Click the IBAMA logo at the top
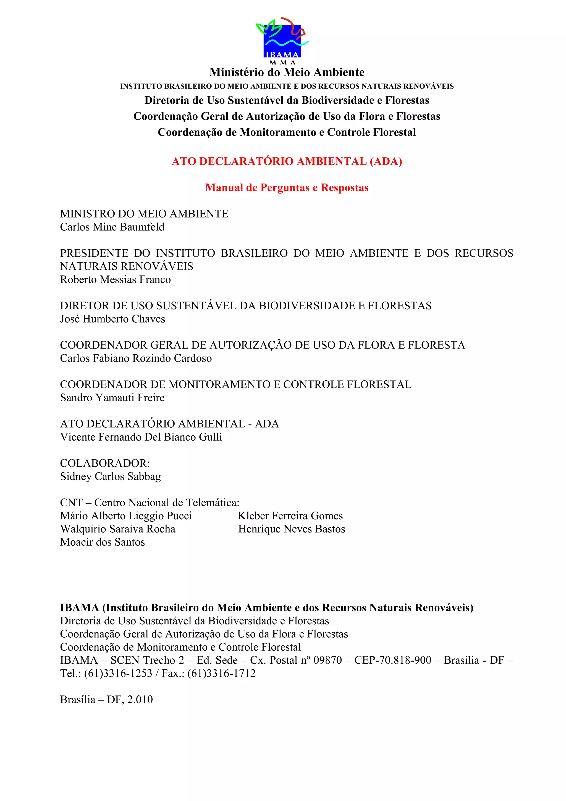coord(282,40)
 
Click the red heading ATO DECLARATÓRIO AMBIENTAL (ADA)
coord(287,161)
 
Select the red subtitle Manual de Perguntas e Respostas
coord(287,188)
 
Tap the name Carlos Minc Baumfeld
coord(112,227)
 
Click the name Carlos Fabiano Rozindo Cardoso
coord(136,358)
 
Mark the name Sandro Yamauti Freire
coord(112,398)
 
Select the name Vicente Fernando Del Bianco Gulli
coord(141,437)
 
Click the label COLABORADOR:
coord(105,463)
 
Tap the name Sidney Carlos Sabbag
coord(110,477)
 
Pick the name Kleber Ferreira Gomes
coord(290,516)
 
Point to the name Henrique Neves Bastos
coord(292,529)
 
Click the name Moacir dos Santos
coord(102,542)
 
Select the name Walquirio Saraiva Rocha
coord(117,529)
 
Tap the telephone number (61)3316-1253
coord(118,673)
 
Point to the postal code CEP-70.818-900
coord(393,660)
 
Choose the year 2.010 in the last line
coord(140,700)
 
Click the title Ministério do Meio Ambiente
coord(287,72)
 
